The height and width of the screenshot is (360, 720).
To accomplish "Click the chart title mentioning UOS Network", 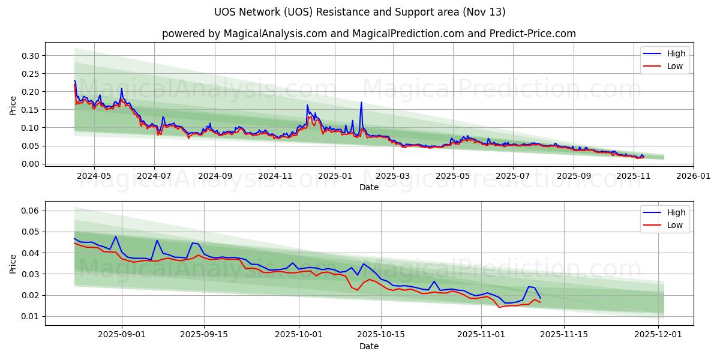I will coord(359,12).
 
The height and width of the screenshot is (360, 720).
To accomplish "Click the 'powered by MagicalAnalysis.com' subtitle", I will coord(368,34).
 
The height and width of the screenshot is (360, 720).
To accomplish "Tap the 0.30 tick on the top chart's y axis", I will coord(30,56).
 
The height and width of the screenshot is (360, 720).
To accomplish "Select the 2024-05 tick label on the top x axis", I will coord(94,176).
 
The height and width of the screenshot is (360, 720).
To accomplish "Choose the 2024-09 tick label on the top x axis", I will coord(215,176).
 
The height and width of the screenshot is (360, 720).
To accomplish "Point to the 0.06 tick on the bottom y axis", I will coord(30,211).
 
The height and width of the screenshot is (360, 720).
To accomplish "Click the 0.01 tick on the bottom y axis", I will coord(30,316).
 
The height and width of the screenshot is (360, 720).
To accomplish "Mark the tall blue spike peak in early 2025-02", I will coord(361,103).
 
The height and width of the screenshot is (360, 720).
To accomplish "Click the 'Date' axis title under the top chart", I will coord(368,187).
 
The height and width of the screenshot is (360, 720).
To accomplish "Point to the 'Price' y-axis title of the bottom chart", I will coord(13,263).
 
